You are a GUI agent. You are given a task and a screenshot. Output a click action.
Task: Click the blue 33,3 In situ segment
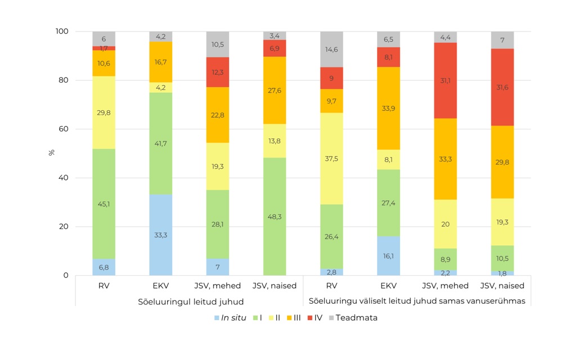[160, 235]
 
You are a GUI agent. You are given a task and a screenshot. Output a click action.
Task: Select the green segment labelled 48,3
[275, 217]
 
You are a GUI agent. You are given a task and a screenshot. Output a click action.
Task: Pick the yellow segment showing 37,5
[331, 159]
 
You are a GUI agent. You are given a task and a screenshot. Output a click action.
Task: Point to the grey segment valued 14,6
[331, 49]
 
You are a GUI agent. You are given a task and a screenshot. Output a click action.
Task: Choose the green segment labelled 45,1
[104, 204]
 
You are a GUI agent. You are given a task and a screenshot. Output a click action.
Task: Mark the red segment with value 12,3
[217, 72]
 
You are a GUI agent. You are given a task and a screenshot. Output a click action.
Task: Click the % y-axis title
[52, 152]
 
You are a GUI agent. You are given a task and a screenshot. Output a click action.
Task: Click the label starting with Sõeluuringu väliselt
[417, 301]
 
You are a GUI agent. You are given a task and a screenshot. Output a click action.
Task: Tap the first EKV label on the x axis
[160, 286]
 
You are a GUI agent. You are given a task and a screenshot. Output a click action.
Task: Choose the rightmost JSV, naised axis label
[502, 286]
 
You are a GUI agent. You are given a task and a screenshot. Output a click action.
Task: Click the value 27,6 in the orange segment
[275, 90]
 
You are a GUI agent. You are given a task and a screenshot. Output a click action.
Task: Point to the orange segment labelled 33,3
[445, 159]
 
